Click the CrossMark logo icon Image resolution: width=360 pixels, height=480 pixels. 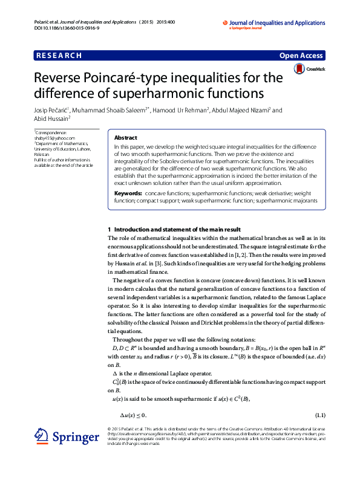coord(298,70)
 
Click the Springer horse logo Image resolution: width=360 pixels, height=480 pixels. coord(42,436)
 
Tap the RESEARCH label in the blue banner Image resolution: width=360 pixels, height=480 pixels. coord(59,56)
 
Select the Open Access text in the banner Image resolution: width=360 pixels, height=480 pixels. coord(301,56)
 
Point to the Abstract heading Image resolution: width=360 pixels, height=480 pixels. coord(126,138)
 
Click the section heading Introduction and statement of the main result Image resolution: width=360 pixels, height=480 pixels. coord(177,230)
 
